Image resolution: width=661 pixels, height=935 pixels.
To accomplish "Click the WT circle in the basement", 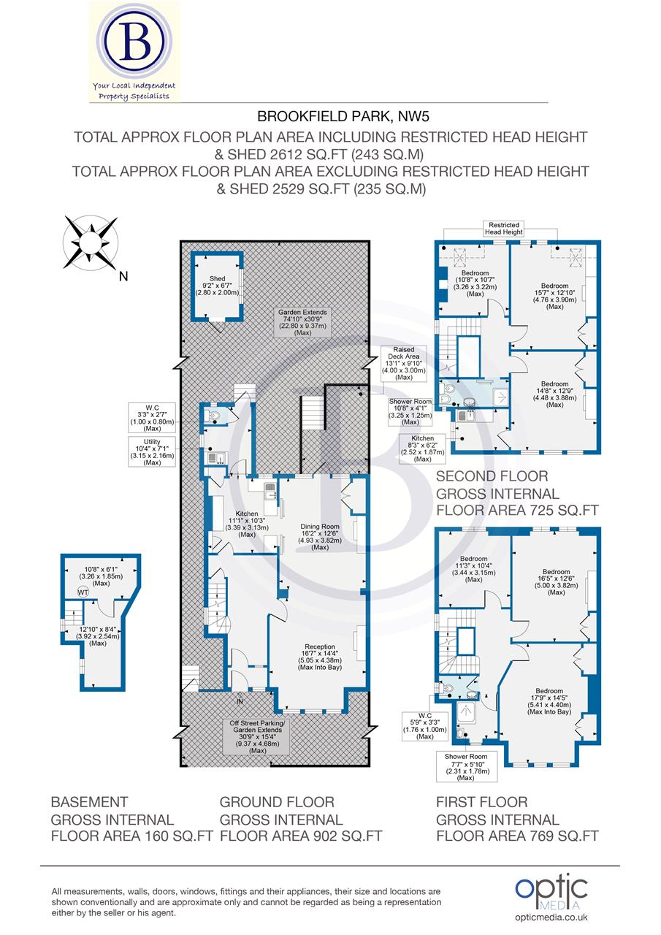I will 83,592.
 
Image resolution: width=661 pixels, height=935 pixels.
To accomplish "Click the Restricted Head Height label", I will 504,229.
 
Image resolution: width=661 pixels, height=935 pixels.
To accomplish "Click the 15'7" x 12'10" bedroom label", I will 554,296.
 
